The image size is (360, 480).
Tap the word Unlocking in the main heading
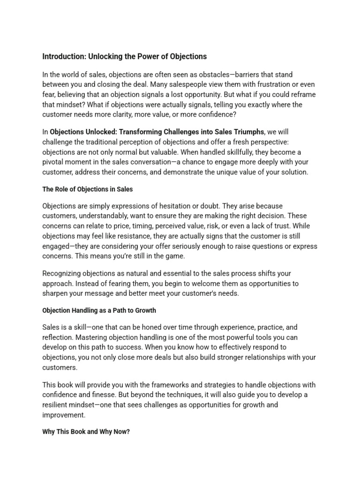[105, 57]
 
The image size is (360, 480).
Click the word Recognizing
[62, 273]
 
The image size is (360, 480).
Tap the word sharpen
[56, 293]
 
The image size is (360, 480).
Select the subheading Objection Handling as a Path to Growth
[99, 310]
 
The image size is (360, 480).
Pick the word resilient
[57, 405]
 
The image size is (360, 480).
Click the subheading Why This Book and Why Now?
[86, 432]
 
